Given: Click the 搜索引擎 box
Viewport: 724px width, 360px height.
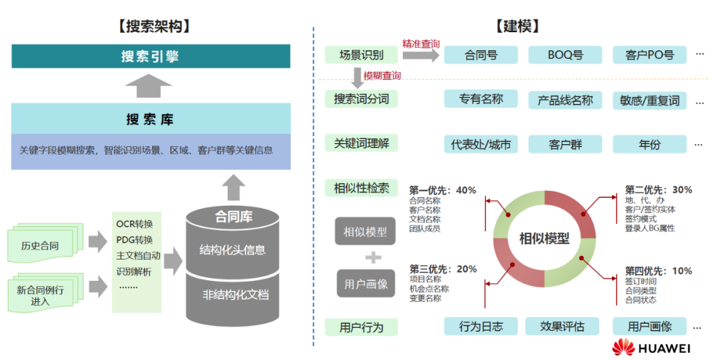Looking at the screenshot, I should click(151, 56).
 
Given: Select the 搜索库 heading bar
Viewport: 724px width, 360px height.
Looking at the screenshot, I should click(151, 119).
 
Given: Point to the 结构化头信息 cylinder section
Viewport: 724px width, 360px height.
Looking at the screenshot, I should click(233, 250).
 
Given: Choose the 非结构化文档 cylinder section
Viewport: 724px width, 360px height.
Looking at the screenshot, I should click(233, 294).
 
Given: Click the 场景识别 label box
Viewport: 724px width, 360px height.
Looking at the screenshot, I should click(361, 55).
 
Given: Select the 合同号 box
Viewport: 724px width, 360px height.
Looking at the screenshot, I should click(481, 55).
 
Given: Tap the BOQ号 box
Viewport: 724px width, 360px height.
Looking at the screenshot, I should click(565, 55).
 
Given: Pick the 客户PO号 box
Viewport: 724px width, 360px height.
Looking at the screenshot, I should click(649, 55).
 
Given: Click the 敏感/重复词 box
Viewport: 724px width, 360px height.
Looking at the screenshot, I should click(649, 100).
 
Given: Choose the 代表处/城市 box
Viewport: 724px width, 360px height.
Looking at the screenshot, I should click(481, 144).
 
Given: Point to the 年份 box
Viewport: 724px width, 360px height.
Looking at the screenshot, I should click(649, 144).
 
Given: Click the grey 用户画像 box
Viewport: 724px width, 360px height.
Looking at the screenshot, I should click(365, 284).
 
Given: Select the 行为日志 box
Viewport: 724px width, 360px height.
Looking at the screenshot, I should click(481, 326).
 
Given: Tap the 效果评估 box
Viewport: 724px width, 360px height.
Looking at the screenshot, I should click(565, 326).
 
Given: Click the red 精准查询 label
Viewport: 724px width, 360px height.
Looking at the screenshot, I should click(421, 44).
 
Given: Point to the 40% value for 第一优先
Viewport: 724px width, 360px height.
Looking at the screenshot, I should click(466, 190).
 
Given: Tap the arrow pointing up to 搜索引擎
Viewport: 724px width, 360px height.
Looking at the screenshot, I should click(149, 85).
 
